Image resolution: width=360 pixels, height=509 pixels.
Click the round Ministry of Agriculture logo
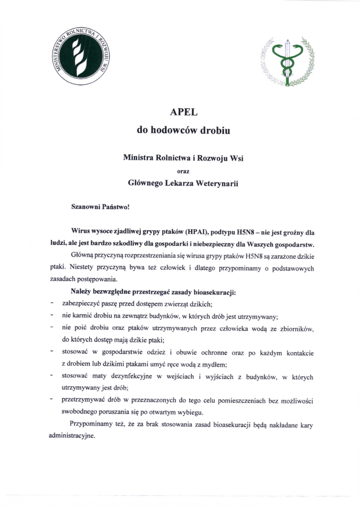click(83, 56)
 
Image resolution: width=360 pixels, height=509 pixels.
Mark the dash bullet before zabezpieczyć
click(52, 303)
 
